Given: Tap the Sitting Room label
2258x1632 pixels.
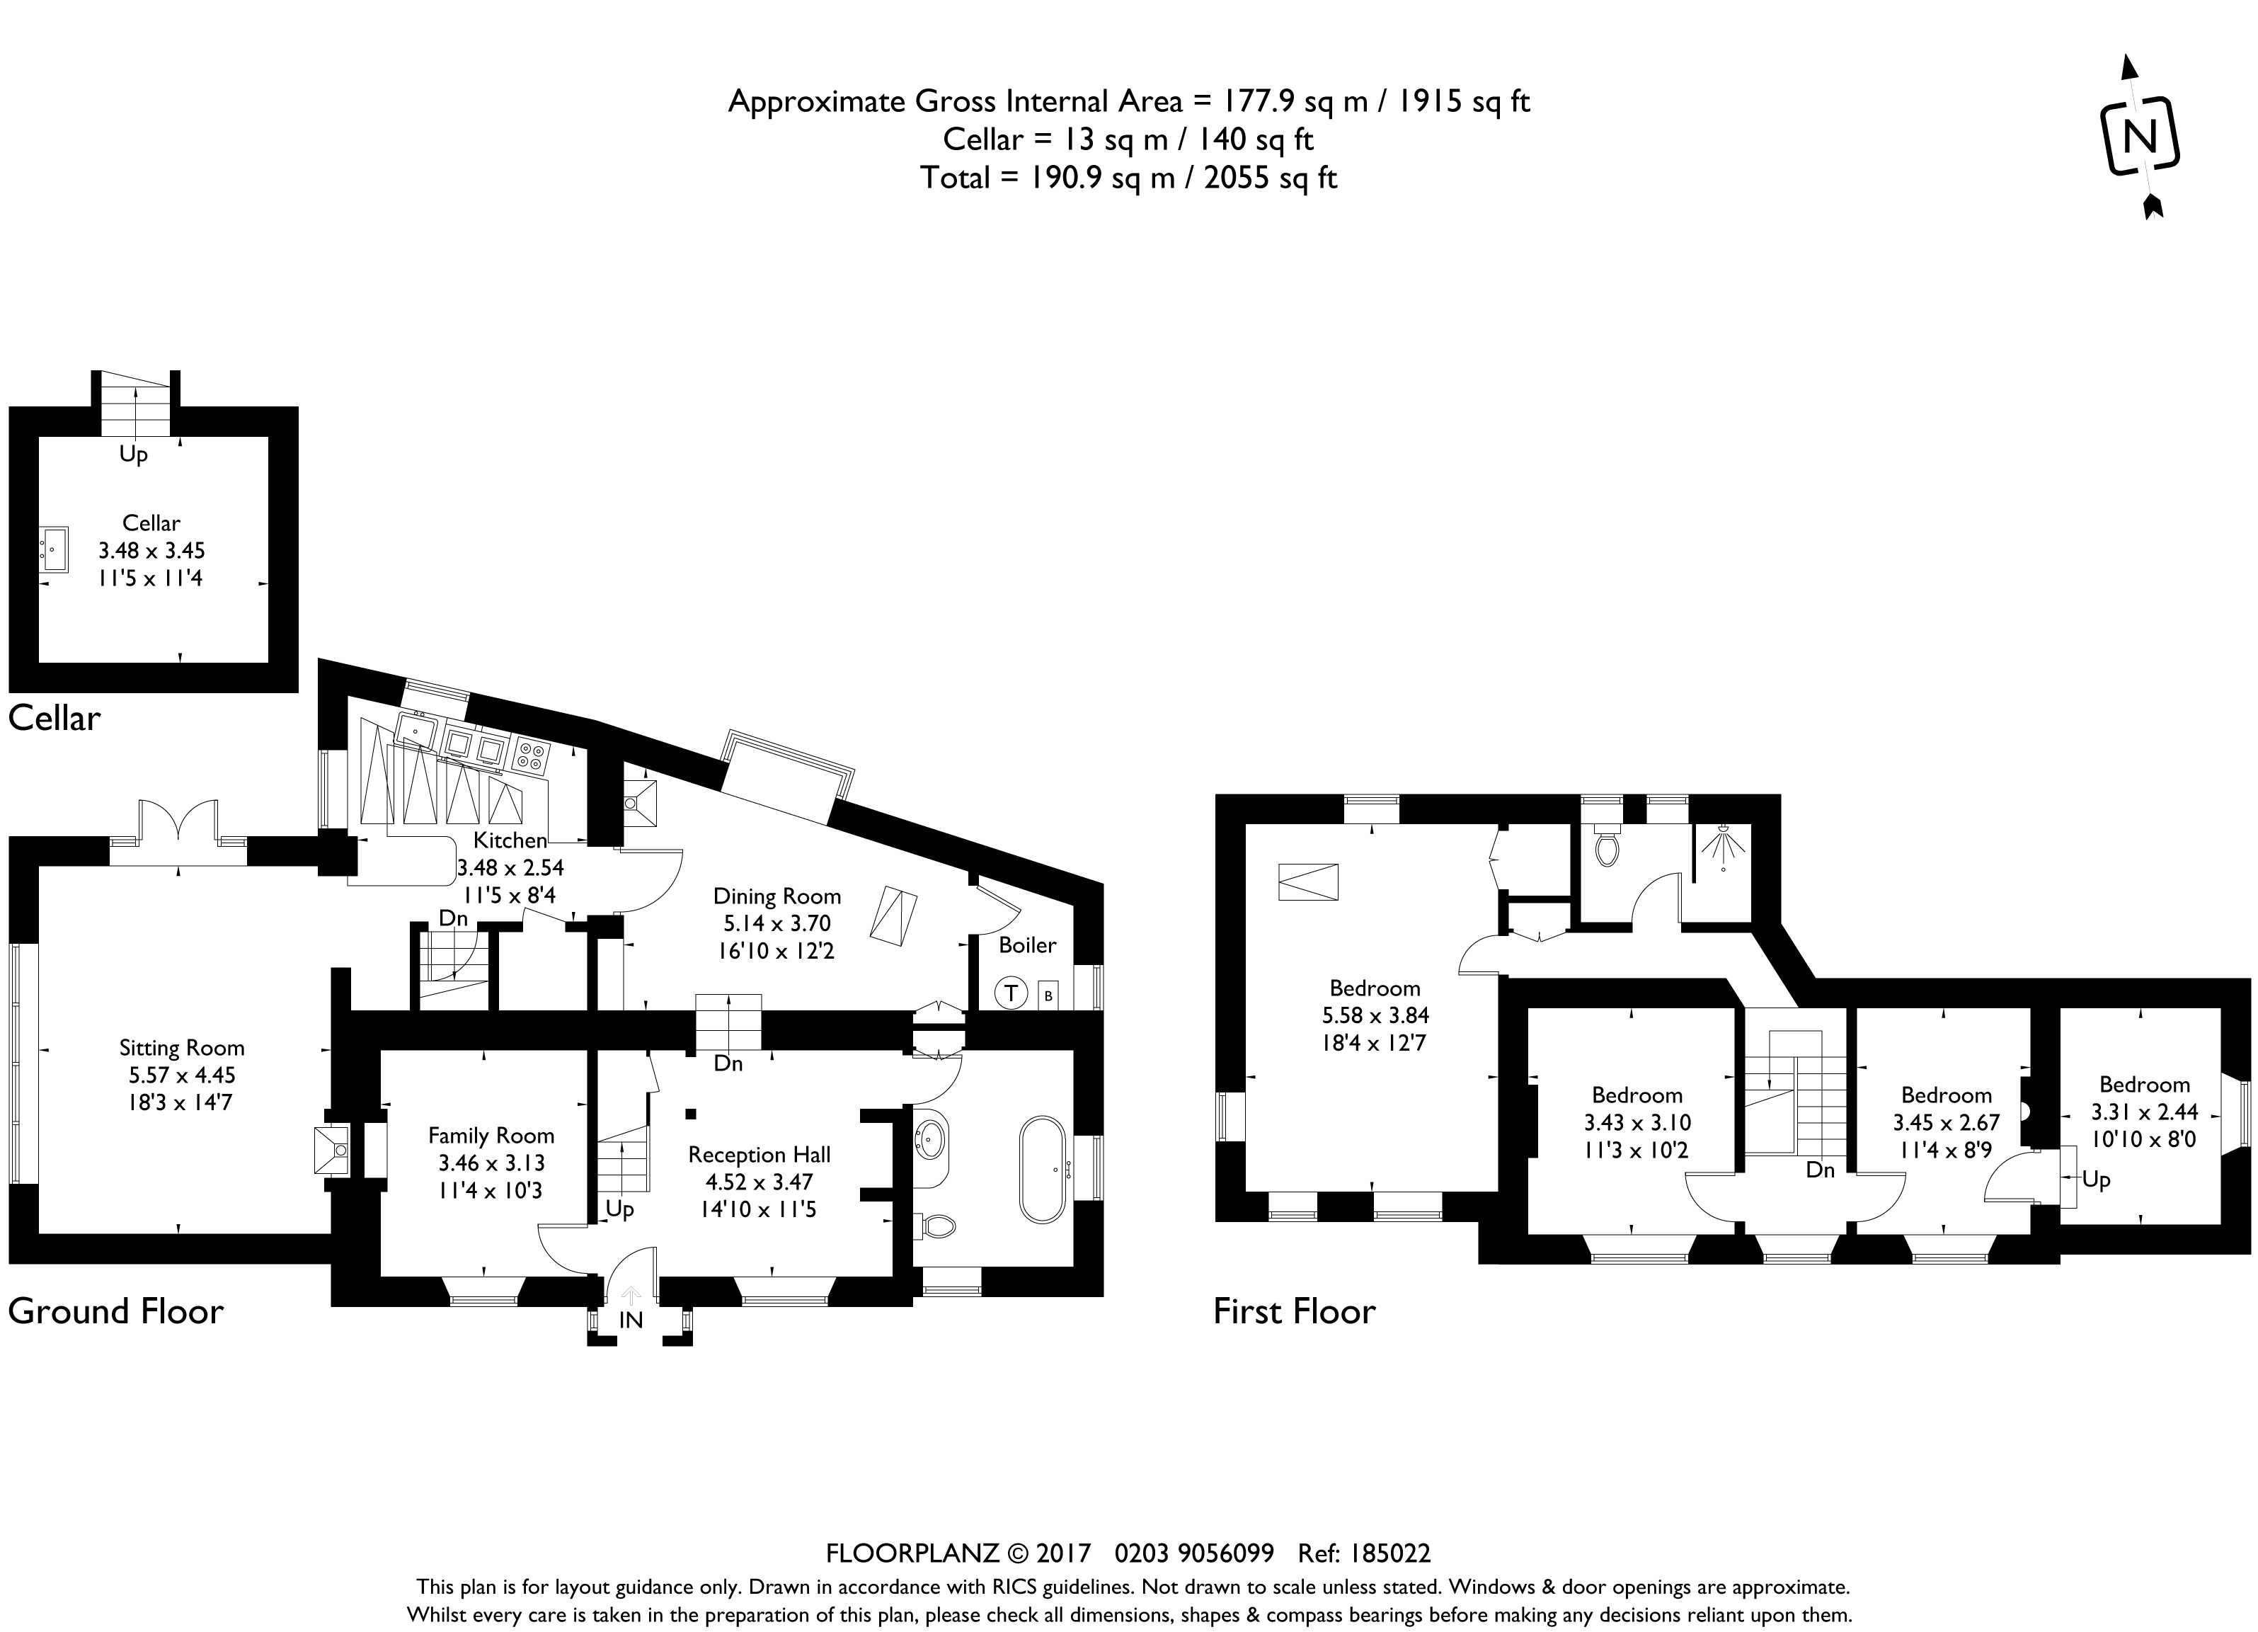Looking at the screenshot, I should coord(181,1047).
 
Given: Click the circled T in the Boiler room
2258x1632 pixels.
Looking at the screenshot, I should coord(1011,993).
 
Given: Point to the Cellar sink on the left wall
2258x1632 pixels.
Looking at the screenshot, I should coord(54,549).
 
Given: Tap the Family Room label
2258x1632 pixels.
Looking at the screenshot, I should coord(491,1135).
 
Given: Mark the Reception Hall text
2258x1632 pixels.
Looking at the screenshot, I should coord(759,1154).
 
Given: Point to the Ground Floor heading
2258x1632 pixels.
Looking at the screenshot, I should coord(115,1311).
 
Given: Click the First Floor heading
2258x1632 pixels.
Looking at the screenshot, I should coord(1293,1311).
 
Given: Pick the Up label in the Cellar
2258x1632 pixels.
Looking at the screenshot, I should coord(133,454).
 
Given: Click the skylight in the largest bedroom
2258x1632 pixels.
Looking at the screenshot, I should coord(1308,882).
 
